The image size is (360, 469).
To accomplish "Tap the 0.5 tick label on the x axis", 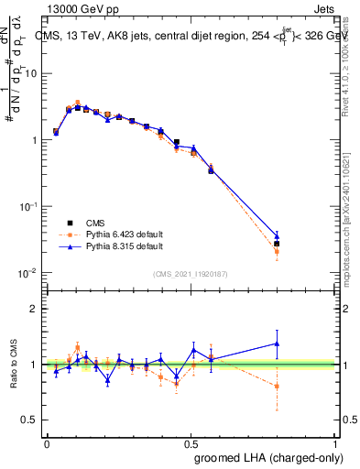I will tap(190, 442).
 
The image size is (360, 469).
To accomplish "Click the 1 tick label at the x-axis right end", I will tap(334, 442).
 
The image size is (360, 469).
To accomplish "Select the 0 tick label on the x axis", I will tap(47, 442).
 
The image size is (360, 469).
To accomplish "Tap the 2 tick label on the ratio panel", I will tap(36, 309).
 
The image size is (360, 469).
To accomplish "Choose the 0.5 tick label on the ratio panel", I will tap(31, 420).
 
